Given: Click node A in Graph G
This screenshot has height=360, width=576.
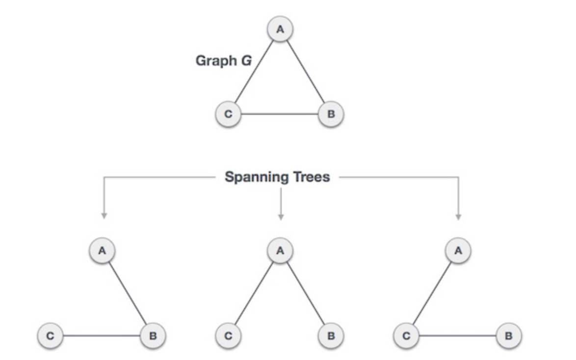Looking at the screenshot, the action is click(280, 29).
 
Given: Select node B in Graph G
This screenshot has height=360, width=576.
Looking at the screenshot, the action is click(331, 114).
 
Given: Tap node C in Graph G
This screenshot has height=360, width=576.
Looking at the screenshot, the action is click(228, 114).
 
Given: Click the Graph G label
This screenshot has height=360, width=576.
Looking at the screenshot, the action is click(224, 61).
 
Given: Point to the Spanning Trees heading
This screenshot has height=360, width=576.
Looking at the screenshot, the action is click(277, 177).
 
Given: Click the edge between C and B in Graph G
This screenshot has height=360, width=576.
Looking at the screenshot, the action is click(280, 114).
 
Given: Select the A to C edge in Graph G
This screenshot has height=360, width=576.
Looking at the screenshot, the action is click(254, 72).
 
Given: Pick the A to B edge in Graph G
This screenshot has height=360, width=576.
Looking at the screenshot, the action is click(306, 72).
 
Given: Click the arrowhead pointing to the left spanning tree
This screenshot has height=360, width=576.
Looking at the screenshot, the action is click(104, 215).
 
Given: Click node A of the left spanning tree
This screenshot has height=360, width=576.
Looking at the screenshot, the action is click(102, 251).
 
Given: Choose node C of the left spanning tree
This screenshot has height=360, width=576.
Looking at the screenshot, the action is click(51, 336).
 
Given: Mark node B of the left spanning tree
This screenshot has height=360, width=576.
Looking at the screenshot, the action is click(153, 336).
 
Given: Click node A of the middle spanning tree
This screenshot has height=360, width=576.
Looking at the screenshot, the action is click(280, 251).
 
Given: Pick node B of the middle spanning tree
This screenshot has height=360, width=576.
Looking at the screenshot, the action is click(331, 336).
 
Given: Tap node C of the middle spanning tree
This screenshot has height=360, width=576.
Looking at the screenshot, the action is click(228, 336).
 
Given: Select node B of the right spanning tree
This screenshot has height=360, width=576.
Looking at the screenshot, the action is click(509, 336).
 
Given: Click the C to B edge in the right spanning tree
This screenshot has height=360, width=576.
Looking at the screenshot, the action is click(457, 336).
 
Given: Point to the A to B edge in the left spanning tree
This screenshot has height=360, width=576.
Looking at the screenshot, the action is click(128, 293).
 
